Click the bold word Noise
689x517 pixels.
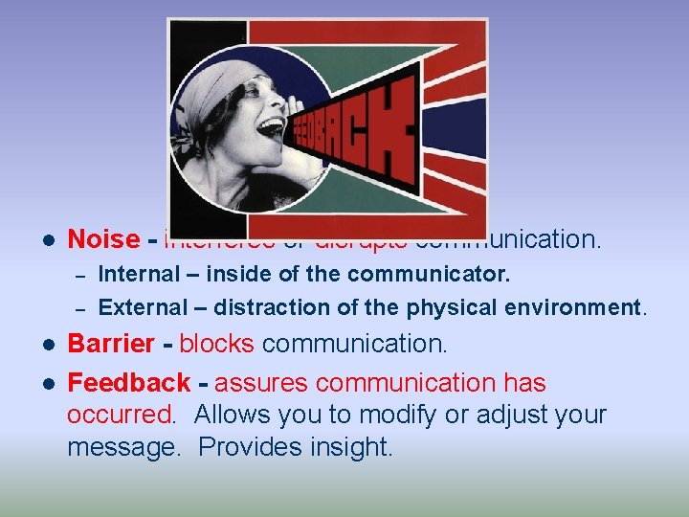[103, 239]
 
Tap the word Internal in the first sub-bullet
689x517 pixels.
[139, 274]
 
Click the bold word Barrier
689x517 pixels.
[111, 344]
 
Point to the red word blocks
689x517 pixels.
[216, 344]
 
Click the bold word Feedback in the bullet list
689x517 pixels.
[129, 383]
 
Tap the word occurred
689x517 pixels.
[122, 416]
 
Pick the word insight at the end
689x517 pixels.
[353, 447]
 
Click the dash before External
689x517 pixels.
[80, 308]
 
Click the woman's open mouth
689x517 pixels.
[272, 127]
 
